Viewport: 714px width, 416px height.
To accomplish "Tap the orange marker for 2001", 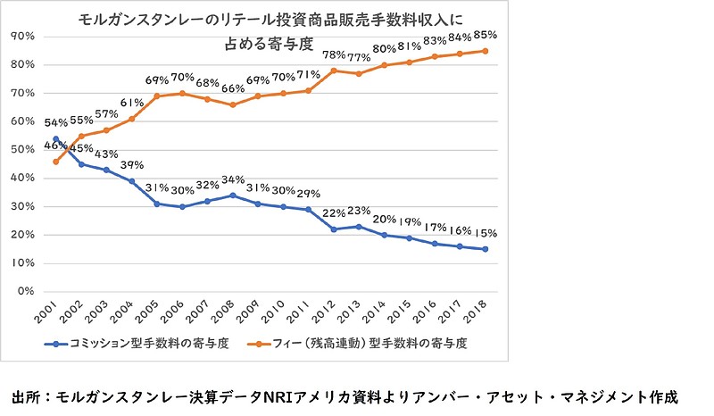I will point(56,162).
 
